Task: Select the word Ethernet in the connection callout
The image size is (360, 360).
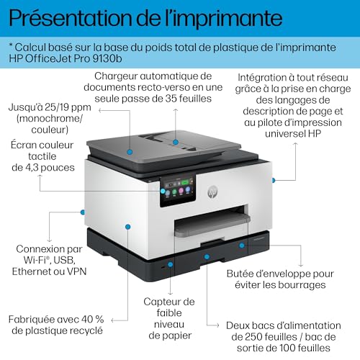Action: pyautogui.click(x=35, y=272)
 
